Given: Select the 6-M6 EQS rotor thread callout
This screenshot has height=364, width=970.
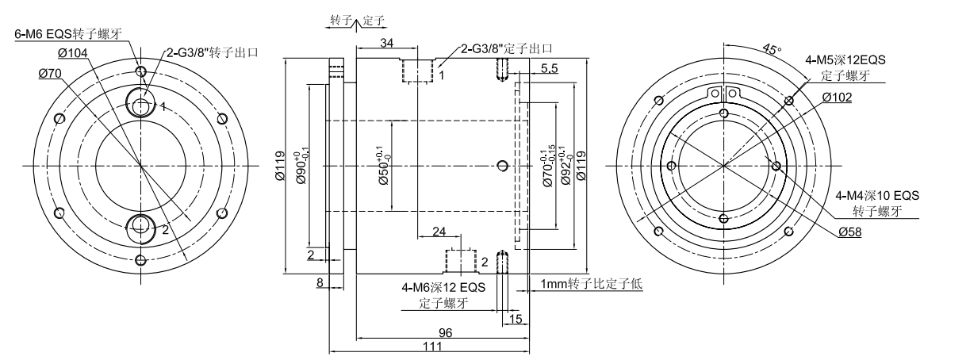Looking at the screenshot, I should tap(67, 34).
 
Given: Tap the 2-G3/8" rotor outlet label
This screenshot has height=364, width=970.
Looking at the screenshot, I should tap(213, 53).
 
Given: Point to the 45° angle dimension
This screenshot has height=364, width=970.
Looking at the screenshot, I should tap(769, 49).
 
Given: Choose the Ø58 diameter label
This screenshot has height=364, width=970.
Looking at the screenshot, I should tap(852, 232).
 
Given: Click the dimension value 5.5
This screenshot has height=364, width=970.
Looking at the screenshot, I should tap(549, 70).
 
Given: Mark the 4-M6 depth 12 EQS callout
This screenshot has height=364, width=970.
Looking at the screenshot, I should tap(444, 288).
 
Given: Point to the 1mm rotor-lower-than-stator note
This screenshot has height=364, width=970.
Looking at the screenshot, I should tap(592, 284).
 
